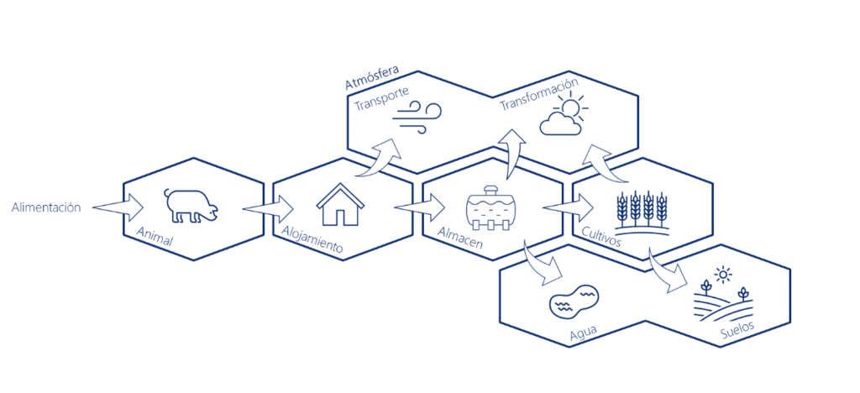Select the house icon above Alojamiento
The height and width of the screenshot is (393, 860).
340,204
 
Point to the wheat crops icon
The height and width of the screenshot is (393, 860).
642,212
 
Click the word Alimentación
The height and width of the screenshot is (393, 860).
45,207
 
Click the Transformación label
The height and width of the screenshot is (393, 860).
538,94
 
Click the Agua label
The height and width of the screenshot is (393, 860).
583,333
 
